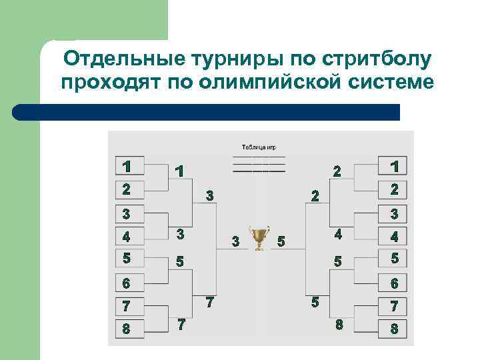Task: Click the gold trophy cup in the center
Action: click(258, 237)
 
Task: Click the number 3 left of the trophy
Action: click(235, 240)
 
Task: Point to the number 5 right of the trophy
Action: click(281, 241)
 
